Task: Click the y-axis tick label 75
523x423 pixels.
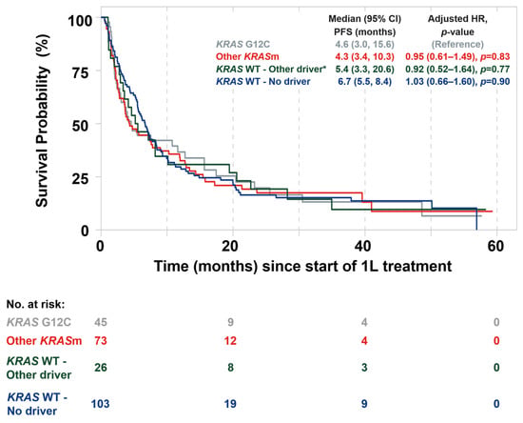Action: click(80, 72)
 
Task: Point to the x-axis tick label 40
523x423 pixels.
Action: click(363, 246)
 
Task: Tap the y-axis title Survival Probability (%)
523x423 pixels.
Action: click(43, 121)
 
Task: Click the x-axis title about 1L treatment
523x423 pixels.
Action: click(302, 267)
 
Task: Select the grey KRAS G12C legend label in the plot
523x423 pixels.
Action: click(243, 44)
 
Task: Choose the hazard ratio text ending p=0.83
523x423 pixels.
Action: click(457, 57)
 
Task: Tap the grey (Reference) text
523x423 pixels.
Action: click(457, 44)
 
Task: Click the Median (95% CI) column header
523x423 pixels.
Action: click(364, 25)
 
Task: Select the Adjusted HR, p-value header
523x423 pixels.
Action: click(457, 25)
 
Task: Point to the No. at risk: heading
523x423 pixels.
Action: click(36, 304)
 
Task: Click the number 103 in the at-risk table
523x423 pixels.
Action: click(100, 404)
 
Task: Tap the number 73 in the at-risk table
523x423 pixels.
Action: click(101, 340)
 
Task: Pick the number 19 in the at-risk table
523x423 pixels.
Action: click(230, 404)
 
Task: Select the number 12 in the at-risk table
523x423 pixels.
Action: click(230, 340)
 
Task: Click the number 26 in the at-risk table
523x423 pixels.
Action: click(101, 368)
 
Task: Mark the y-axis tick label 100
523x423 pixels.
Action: click(80, 21)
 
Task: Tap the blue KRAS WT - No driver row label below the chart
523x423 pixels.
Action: click(37, 404)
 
